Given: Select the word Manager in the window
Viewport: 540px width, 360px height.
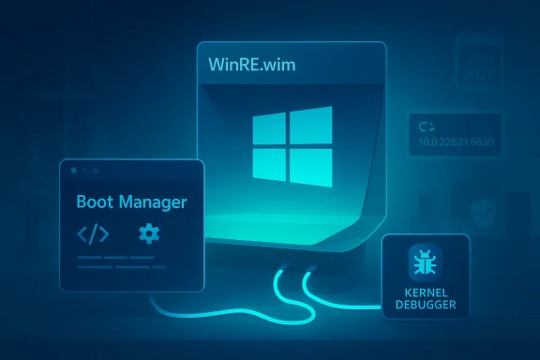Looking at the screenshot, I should (153, 202).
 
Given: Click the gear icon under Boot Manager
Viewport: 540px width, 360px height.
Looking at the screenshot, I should (148, 232).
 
